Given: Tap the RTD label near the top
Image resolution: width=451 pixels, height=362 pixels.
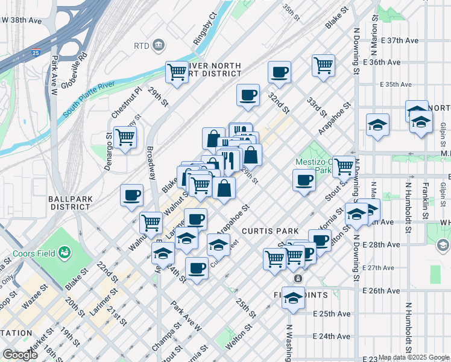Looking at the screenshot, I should click(142, 45).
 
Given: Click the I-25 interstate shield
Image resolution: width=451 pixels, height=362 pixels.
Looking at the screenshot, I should click(36, 53).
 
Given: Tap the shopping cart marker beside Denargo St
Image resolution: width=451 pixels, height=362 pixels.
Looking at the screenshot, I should click(125, 137).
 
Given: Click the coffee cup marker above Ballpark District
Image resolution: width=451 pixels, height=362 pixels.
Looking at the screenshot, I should click(131, 195).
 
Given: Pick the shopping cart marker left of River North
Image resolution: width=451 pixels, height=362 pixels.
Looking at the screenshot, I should click(177, 72).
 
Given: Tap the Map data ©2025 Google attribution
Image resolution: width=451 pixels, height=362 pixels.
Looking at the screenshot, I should click(414, 357).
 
